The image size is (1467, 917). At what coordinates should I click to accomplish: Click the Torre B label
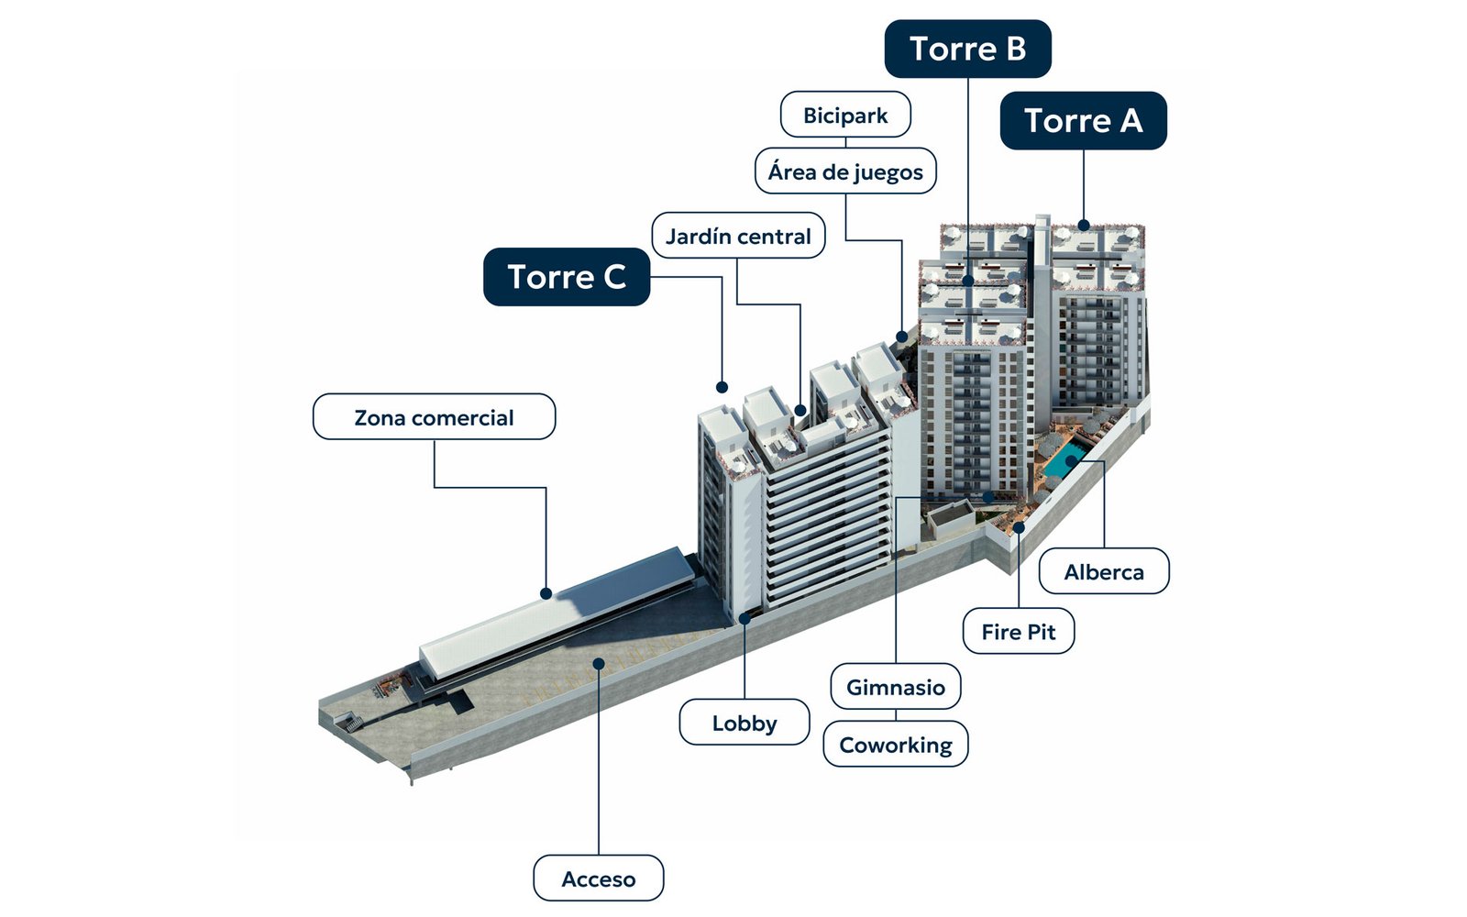click(x=967, y=49)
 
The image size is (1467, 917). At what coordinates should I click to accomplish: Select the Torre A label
click(x=1083, y=120)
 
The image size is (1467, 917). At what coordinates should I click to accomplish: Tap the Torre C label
click(x=567, y=276)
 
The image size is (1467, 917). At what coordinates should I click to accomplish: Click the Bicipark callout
click(x=845, y=115)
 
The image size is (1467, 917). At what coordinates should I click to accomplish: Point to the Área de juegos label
click(x=845, y=171)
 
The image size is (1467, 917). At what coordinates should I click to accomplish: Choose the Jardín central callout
click(x=738, y=236)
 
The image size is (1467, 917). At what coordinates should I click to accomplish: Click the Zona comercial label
click(x=435, y=416)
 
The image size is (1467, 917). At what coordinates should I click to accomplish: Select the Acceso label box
click(x=599, y=878)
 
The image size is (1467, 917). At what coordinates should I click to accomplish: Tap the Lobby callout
click(x=745, y=723)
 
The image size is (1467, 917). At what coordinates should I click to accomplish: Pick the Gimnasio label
click(x=896, y=687)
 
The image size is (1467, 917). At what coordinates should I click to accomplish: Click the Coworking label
click(x=896, y=744)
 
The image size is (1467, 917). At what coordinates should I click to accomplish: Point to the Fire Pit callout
click(x=1019, y=632)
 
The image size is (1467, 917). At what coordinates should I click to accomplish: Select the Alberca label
click(x=1104, y=572)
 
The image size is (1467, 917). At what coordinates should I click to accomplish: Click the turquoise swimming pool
click(x=1065, y=458)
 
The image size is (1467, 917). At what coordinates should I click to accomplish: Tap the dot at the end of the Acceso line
click(x=599, y=664)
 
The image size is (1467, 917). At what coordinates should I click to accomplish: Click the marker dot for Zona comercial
click(x=546, y=593)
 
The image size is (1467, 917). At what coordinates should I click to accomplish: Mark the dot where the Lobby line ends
click(x=745, y=618)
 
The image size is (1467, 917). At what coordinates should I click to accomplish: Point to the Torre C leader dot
click(x=722, y=387)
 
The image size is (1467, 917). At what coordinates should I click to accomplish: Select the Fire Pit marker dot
click(x=1019, y=526)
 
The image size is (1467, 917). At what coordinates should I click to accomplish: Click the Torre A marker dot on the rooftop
click(x=1083, y=226)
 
